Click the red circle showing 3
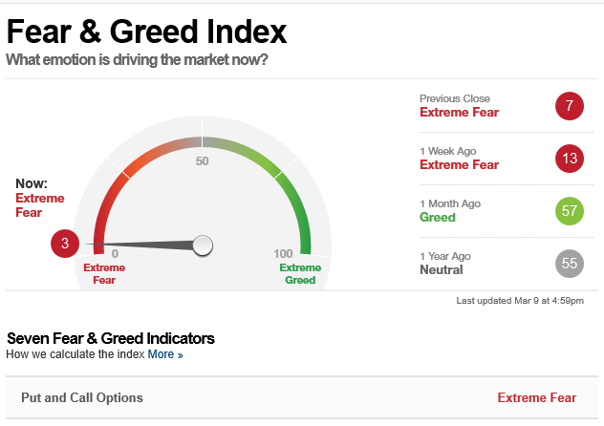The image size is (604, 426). pos(65,244)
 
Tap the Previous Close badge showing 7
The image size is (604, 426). pos(570,106)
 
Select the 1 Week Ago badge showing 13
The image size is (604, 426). pos(570,159)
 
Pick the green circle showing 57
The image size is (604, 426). pos(570,211)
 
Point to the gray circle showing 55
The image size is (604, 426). pos(570,264)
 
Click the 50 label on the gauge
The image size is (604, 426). pos(203,160)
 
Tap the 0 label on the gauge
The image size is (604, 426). pos(116,254)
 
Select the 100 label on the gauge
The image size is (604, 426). pos(283,254)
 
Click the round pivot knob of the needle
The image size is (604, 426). pos(203,245)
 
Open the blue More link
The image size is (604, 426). pos(165,354)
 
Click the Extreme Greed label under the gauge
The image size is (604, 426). pos(300,273)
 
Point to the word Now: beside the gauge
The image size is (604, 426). pos(32,183)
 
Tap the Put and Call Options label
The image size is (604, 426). pos(82,397)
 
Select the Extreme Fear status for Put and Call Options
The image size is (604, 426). pos(537,397)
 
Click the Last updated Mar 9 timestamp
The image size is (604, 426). pos(520,301)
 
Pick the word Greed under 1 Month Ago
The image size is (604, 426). pos(438,217)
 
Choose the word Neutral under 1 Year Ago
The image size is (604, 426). pos(442,269)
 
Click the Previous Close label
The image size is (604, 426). pos(455,98)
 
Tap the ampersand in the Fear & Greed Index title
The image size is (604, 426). pos(91,32)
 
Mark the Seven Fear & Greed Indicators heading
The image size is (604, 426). pos(111,338)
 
